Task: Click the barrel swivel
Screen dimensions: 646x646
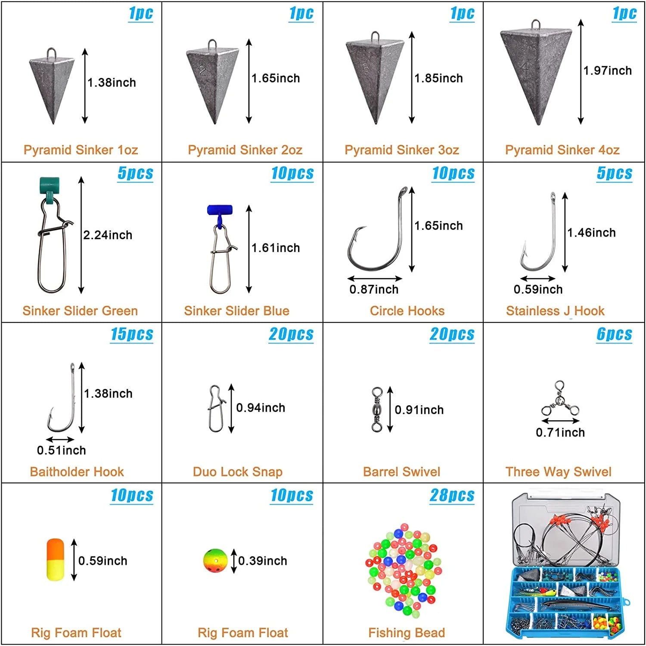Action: pos(377,409)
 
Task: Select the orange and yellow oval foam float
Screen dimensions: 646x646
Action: pos(55,559)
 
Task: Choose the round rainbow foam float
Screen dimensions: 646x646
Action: pos(215,561)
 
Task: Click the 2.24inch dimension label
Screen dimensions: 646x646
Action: pos(108,235)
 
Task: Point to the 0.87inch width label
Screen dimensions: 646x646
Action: pos(374,289)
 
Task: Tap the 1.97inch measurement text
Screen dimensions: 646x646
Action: pos(607,71)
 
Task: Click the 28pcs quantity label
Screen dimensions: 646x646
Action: pos(452,496)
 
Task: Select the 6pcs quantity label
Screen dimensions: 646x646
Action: pos(614,334)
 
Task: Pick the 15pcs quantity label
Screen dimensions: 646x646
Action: pos(132,334)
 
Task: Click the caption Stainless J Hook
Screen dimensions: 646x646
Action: pos(555,311)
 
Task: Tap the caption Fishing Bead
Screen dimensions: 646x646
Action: pos(407,633)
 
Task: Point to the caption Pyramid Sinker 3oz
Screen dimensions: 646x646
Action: pos(402,150)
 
